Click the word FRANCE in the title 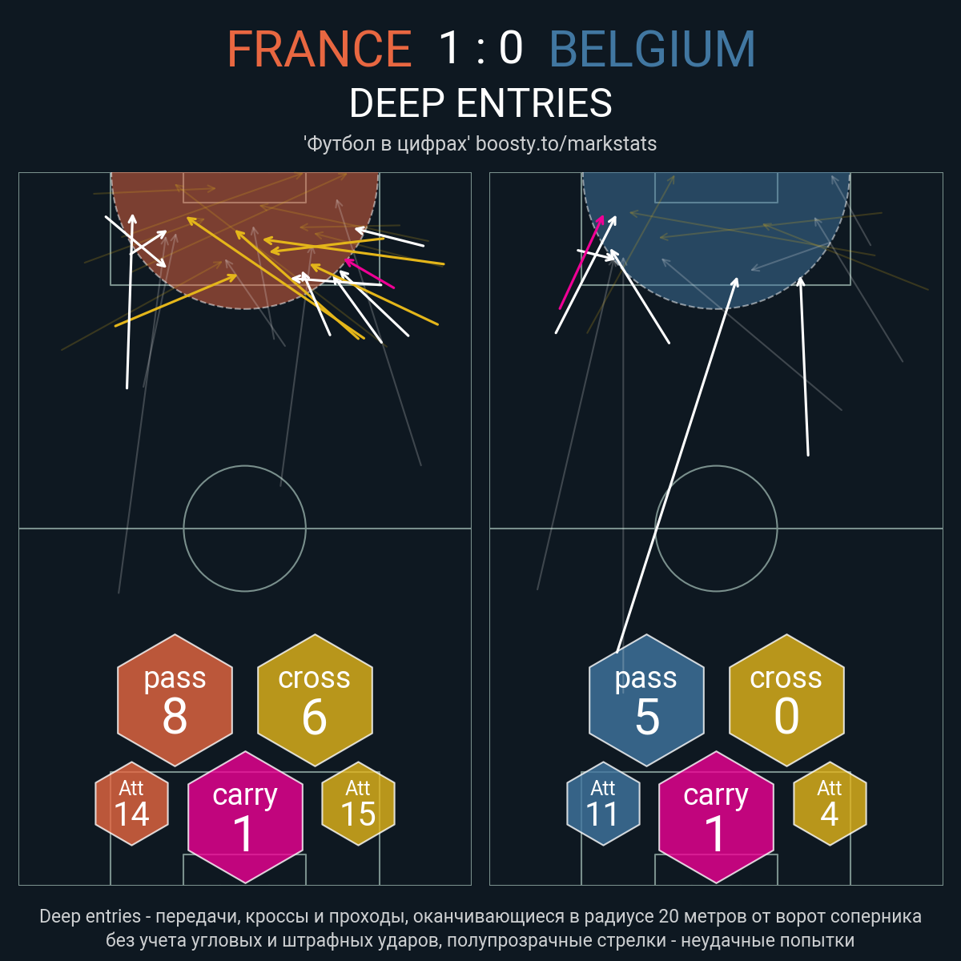pos(320,48)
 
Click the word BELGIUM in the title pos(652,48)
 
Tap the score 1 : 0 pos(480,48)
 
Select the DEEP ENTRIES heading pos(480,103)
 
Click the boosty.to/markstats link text pos(566,143)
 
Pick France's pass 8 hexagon pos(175,700)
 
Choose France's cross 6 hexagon pos(315,700)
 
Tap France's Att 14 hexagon pos(131,803)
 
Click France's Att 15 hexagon pos(358,803)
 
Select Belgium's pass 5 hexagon pos(646,700)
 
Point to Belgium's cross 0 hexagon pos(786,700)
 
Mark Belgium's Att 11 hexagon pos(603,803)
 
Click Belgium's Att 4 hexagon pos(830,803)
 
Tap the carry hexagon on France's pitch pos(245,817)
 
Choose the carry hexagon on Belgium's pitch pos(716,817)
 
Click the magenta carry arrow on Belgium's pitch pos(581,263)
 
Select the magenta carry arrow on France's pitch pos(369,274)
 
